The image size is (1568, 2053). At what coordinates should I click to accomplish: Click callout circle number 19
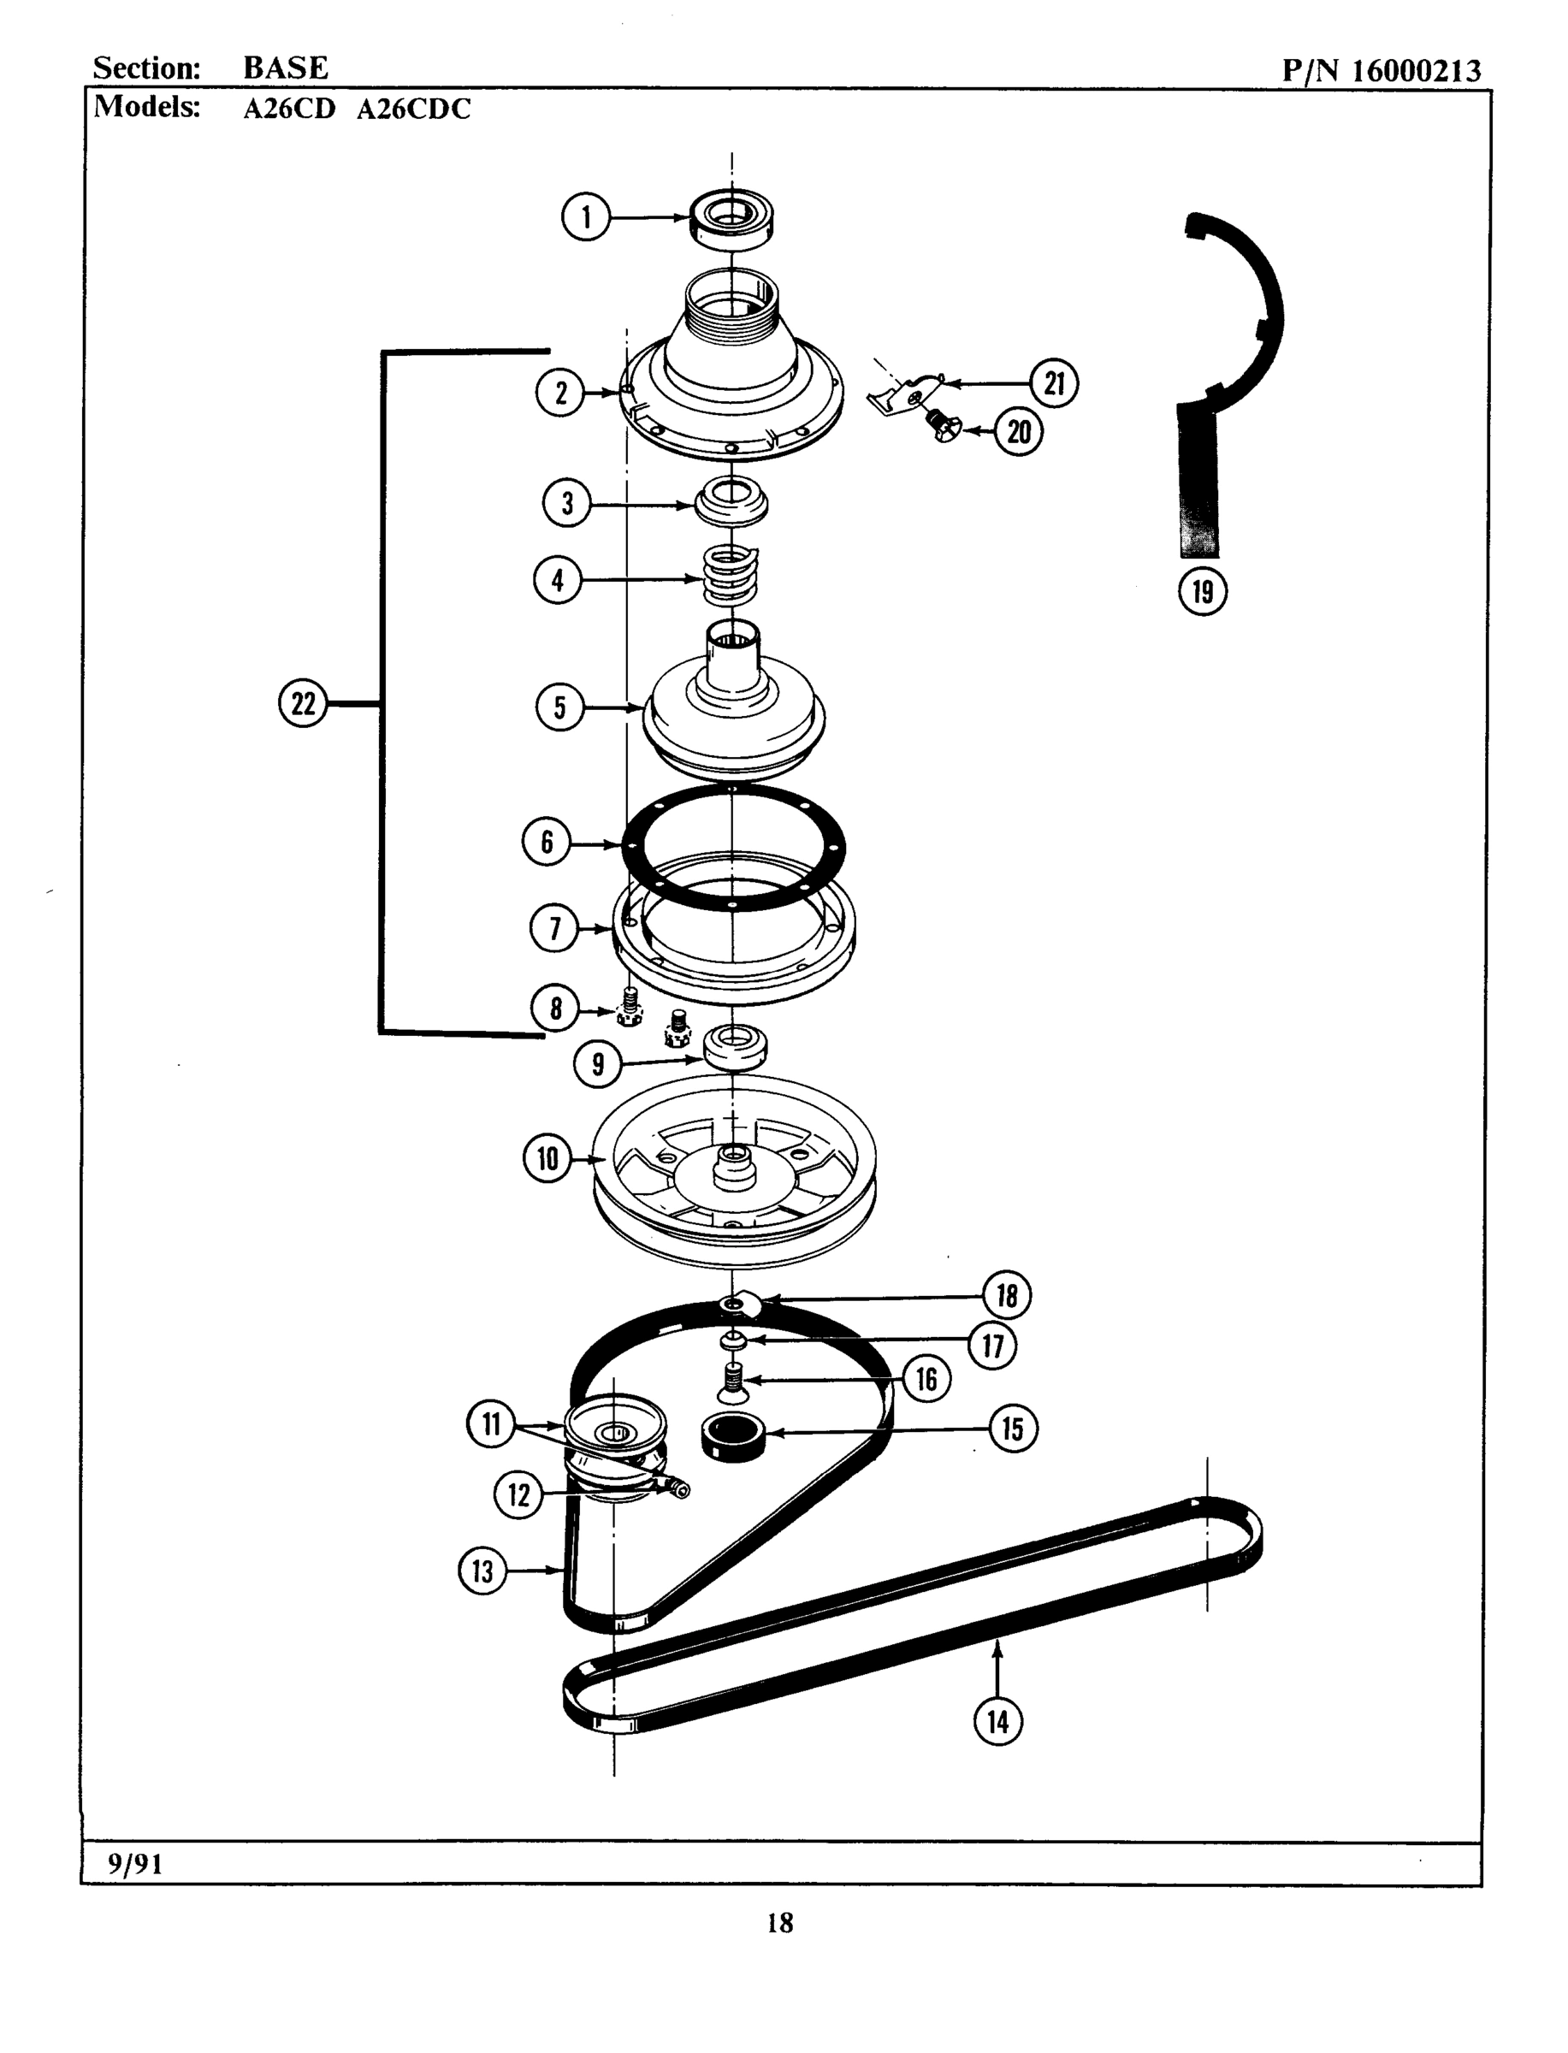[1203, 591]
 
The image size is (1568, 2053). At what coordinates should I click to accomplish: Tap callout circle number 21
[1054, 382]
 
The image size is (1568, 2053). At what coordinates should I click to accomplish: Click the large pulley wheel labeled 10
[735, 1173]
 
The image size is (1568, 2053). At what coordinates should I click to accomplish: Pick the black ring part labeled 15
[732, 1436]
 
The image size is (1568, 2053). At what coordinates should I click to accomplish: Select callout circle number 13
[482, 1571]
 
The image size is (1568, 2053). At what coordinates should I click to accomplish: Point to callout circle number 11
[491, 1424]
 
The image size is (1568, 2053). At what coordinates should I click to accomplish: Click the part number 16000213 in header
[1416, 71]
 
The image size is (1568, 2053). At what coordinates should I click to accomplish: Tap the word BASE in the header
[286, 68]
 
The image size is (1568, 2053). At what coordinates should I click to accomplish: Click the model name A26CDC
[413, 109]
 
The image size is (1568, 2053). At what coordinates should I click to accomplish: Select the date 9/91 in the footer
[135, 1865]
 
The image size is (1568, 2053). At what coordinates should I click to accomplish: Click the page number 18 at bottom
[780, 1921]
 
